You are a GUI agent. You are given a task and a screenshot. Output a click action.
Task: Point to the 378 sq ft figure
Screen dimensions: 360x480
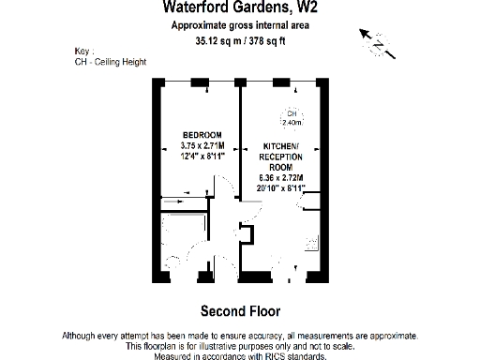coord(270,41)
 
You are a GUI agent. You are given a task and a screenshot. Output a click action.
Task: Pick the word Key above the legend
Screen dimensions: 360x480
coord(82,51)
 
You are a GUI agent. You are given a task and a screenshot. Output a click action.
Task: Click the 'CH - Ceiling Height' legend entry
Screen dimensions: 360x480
coord(109,62)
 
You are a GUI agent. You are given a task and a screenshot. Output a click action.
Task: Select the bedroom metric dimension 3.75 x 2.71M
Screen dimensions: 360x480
coord(202,145)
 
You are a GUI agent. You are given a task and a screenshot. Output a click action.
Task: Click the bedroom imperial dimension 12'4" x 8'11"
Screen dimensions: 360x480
coord(202,156)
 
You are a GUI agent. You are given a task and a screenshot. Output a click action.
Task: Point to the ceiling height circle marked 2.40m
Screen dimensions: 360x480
coord(292,117)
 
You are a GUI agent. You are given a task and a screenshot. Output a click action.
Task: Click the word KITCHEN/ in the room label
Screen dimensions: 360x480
coord(278,146)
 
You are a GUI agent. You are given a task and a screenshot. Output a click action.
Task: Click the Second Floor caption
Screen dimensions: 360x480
coord(240,310)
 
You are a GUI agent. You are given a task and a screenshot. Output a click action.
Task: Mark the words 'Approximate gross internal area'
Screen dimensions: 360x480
coord(240,25)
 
